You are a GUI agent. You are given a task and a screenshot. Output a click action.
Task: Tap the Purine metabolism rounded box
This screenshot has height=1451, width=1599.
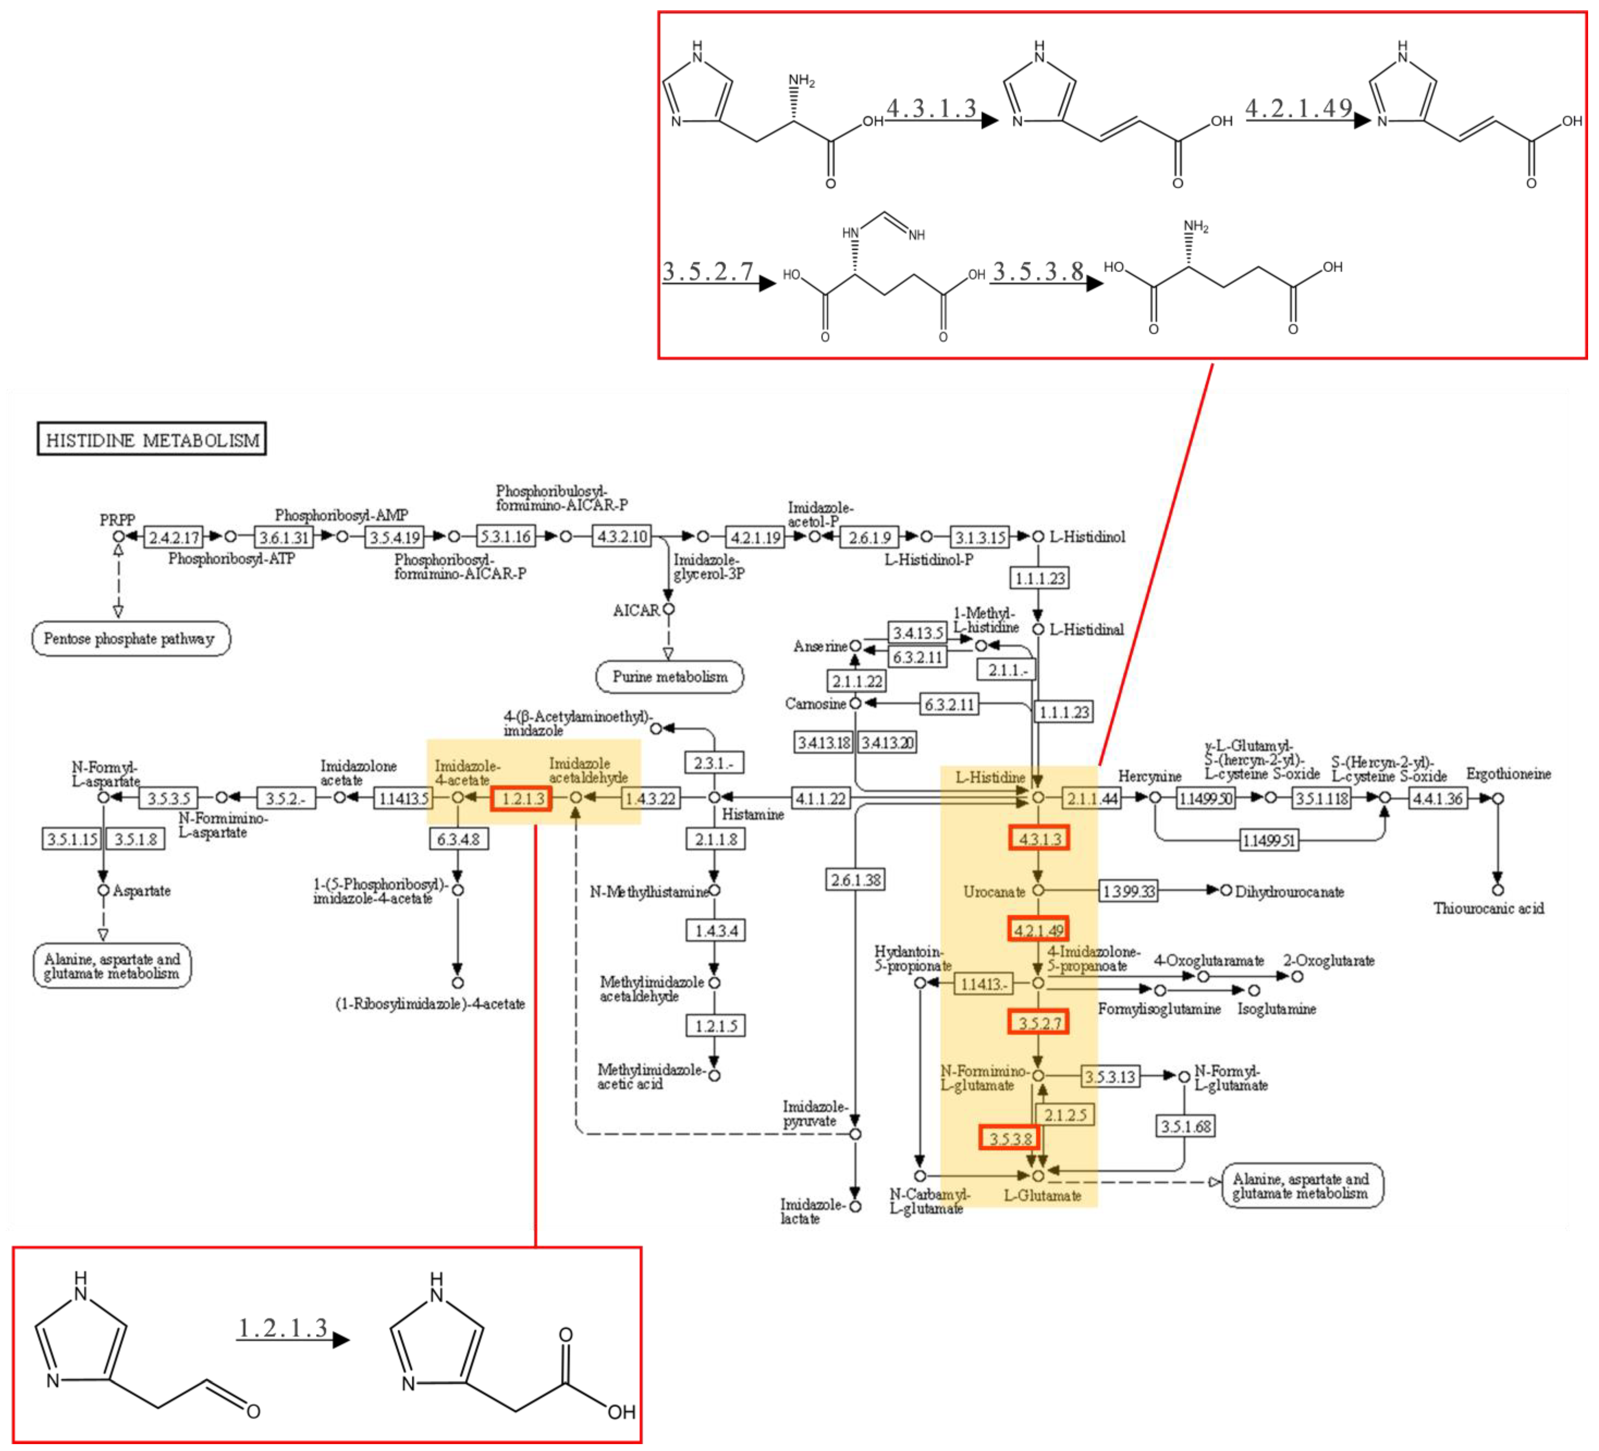(x=669, y=677)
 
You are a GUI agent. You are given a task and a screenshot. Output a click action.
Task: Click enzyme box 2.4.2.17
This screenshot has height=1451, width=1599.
(x=174, y=537)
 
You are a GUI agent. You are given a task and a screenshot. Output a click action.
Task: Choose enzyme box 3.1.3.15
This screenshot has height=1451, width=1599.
(x=979, y=537)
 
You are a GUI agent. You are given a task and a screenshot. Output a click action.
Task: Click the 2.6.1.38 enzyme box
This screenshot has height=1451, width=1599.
(x=855, y=880)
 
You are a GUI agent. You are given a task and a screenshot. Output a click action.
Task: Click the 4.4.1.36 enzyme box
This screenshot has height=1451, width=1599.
(x=1438, y=798)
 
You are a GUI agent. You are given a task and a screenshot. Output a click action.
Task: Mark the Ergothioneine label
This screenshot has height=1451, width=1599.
(x=1508, y=774)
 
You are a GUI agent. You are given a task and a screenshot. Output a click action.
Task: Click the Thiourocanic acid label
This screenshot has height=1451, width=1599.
(x=1488, y=908)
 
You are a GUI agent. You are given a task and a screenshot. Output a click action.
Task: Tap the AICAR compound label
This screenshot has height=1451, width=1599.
(x=636, y=610)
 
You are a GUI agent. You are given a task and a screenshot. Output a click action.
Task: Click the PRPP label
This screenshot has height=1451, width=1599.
(x=118, y=520)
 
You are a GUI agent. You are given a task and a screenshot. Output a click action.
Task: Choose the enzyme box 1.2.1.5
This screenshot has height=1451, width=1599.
(x=715, y=1026)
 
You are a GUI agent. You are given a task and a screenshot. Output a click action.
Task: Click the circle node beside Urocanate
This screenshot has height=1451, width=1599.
(x=1037, y=890)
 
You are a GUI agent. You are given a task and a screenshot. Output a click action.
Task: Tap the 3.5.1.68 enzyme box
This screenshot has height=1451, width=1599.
(x=1185, y=1126)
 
